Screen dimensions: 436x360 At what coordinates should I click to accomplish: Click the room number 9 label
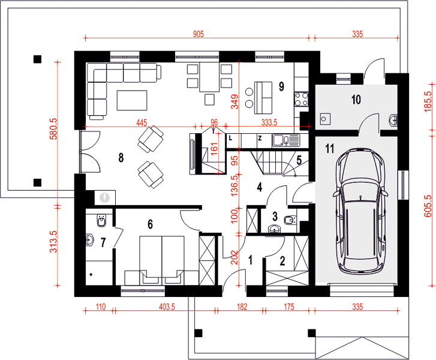(x=281, y=86)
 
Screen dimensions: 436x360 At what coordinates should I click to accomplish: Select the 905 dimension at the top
(x=199, y=34)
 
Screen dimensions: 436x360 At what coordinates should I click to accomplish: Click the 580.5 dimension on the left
(x=53, y=128)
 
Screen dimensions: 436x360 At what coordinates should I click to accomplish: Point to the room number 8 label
(x=121, y=157)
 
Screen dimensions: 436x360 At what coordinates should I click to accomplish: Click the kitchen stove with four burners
(x=302, y=99)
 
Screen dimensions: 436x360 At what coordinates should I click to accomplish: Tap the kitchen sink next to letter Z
(x=286, y=140)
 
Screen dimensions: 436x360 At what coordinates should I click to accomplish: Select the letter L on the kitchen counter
(x=230, y=138)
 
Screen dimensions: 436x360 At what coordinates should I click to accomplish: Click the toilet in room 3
(x=290, y=220)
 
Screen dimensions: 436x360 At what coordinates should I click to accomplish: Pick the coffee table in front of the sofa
(x=132, y=100)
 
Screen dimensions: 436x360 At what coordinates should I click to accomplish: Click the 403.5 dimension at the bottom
(x=167, y=307)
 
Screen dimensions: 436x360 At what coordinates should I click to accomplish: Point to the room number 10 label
(x=356, y=100)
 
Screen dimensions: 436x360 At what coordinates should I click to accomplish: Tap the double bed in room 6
(x=161, y=260)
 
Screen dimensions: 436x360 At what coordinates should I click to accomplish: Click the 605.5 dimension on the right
(x=428, y=206)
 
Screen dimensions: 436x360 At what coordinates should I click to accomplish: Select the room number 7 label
(x=103, y=242)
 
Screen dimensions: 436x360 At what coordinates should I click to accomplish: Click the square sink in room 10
(x=325, y=119)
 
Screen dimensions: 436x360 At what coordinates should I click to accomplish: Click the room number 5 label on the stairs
(x=299, y=160)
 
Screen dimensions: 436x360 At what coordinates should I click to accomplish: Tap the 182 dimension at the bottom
(x=242, y=307)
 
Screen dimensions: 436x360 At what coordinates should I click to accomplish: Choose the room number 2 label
(x=282, y=261)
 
